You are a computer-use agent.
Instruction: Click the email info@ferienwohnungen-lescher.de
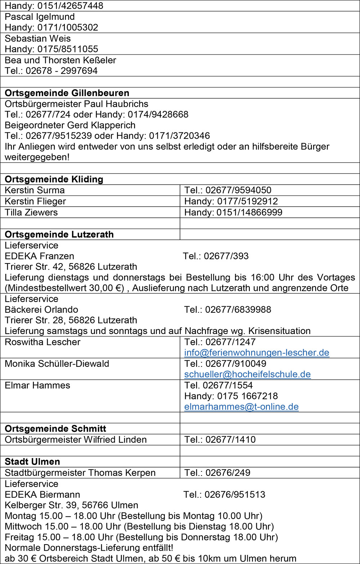tap(257, 353)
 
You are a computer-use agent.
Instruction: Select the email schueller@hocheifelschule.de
tap(247, 374)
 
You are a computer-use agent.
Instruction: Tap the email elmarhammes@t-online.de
tap(241, 407)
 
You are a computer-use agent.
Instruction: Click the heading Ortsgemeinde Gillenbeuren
tap(67, 93)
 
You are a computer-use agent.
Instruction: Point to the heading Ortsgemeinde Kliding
tap(54, 179)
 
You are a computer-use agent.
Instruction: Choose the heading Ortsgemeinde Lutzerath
tap(59, 234)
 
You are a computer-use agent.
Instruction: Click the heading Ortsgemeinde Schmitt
tap(55, 429)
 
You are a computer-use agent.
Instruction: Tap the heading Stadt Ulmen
tap(32, 461)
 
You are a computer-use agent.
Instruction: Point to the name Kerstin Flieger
tap(35, 201)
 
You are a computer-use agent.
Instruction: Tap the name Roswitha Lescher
tap(42, 342)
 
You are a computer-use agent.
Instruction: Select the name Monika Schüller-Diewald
tap(57, 364)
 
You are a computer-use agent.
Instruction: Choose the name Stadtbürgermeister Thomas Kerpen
tap(80, 473)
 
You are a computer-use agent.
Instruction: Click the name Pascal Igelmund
tap(40, 17)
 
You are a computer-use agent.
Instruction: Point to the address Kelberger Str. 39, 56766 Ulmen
tap(71, 505)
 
